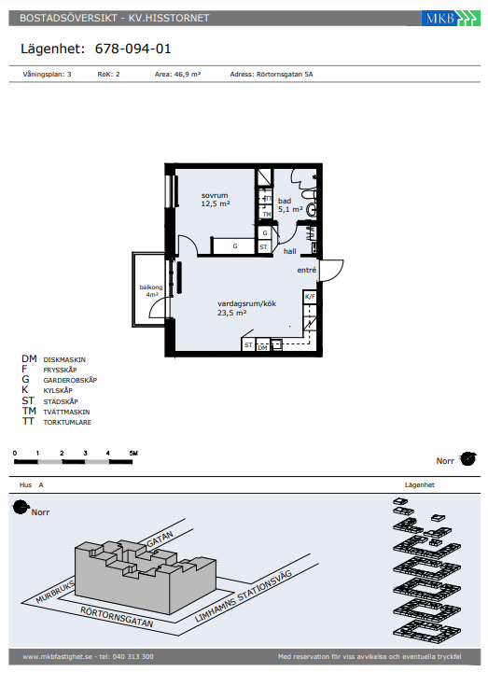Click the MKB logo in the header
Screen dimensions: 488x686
click(x=451, y=18)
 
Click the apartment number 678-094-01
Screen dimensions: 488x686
click(x=132, y=49)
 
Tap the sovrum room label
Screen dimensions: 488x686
click(x=215, y=196)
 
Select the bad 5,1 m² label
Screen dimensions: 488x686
click(x=290, y=204)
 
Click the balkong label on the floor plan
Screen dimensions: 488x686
click(x=151, y=287)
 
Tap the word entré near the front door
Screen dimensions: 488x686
click(x=307, y=270)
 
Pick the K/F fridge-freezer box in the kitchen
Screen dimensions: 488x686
click(x=310, y=297)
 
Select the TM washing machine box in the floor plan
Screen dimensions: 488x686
click(x=266, y=214)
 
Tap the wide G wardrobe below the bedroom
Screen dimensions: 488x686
click(x=234, y=245)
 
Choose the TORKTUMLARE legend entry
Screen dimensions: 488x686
click(x=67, y=422)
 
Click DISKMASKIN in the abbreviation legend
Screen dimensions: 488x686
click(x=64, y=359)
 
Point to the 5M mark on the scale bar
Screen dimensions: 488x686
click(x=133, y=454)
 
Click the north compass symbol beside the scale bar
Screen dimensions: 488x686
click(x=467, y=459)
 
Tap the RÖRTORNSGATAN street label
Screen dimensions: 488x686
click(x=117, y=617)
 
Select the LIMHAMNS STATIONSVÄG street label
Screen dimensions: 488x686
click(x=244, y=595)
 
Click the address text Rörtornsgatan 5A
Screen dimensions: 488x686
click(x=285, y=75)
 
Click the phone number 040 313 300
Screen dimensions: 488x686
click(x=132, y=656)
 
